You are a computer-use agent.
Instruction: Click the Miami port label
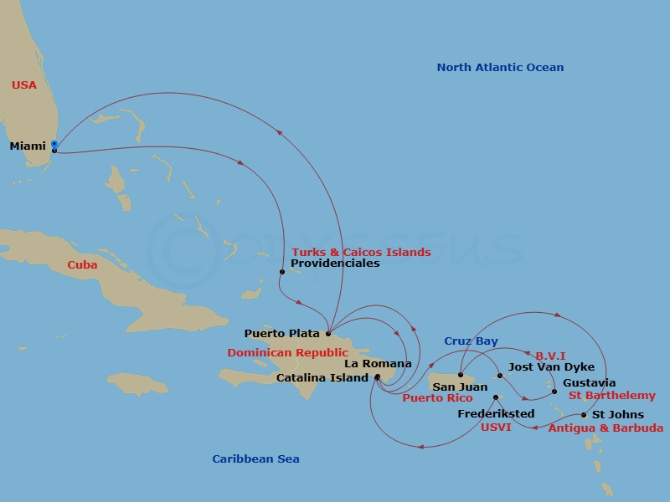pos(28,146)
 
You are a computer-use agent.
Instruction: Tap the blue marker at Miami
pos(54,145)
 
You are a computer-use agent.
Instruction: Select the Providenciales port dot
pos(282,272)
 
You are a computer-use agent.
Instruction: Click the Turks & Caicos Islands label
pos(361,252)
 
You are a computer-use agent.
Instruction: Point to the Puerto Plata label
pos(281,333)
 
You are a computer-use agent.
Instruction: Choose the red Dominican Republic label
pos(287,353)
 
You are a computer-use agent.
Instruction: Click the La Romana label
pos(378,364)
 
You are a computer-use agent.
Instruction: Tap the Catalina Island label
pos(322,377)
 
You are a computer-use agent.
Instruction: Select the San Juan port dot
pos(461,375)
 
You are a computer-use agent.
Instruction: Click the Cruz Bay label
pos(471,341)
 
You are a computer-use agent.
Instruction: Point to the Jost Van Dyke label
pos(552,367)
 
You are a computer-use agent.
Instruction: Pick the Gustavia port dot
pos(554,391)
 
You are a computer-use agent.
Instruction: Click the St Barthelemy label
pos(612,396)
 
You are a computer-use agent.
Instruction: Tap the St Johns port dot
pos(584,415)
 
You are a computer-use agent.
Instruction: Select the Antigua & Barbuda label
pos(606,428)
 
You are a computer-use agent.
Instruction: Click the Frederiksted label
pos(496,414)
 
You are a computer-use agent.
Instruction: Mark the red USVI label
pos(495,427)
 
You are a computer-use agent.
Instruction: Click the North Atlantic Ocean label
pos(500,68)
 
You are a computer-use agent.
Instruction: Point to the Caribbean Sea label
pos(255,458)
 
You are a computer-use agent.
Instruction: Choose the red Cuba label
pos(82,265)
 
